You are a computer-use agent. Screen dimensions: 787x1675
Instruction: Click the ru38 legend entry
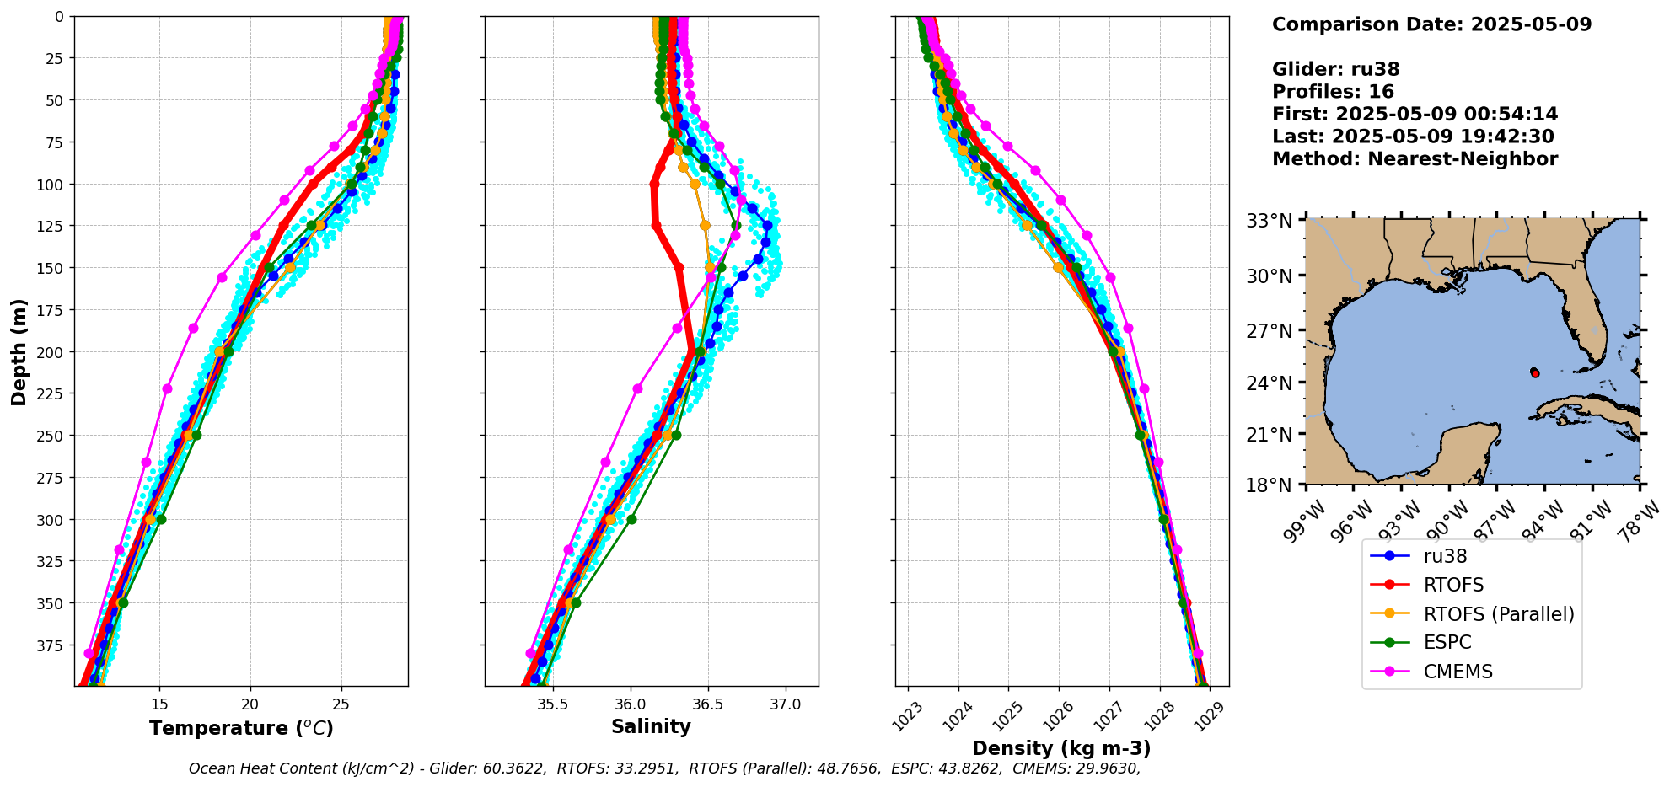(1445, 556)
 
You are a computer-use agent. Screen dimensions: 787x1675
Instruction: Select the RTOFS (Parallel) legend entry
(1498, 614)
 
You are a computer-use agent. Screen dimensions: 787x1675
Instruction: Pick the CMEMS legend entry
(1458, 672)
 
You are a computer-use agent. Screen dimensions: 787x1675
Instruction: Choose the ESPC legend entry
(1447, 642)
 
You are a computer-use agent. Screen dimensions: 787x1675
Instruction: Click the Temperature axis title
(241, 728)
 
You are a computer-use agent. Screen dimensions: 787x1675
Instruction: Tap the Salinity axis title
(651, 726)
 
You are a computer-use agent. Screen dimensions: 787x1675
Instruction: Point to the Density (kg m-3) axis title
(1061, 748)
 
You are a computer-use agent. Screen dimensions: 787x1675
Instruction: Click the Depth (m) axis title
(19, 351)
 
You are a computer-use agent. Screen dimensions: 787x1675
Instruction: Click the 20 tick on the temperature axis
(250, 704)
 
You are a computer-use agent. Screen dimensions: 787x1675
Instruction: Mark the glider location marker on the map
(1534, 372)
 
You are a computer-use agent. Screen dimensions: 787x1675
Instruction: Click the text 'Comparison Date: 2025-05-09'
(1431, 24)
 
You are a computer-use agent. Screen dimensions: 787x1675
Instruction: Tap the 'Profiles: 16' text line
(1333, 92)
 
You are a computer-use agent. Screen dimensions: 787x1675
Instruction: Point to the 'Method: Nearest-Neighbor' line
(1415, 158)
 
